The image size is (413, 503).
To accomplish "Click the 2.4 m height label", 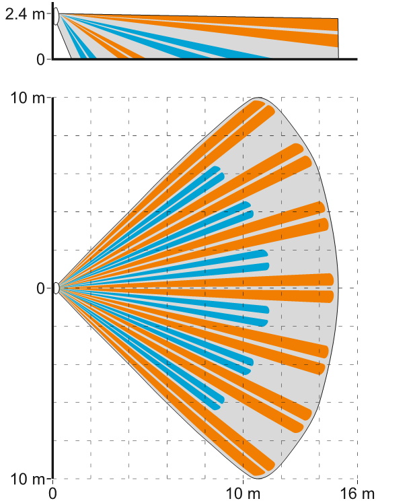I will pyautogui.click(x=26, y=13).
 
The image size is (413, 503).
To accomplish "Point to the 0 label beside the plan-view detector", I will pyautogui.click(x=40, y=288).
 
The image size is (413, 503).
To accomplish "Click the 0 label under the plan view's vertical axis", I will pyautogui.click(x=53, y=494).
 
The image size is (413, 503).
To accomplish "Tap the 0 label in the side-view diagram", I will pyautogui.click(x=41, y=59).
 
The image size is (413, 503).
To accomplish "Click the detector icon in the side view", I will pyautogui.click(x=57, y=16).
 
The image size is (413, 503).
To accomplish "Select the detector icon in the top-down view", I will pyautogui.click(x=57, y=288).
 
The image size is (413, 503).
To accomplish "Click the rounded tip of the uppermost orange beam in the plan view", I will pyautogui.click(x=260, y=103).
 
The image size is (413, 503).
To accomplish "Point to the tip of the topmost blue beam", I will pyautogui.click(x=216, y=168).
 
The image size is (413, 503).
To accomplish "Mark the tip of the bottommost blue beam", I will pyautogui.click(x=216, y=407).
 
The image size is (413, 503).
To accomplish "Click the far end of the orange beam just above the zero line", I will pyautogui.click(x=330, y=279).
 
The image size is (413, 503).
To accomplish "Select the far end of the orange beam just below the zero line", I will pyautogui.click(x=330, y=296).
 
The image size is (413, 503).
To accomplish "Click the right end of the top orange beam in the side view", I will pyautogui.click(x=336, y=25).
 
